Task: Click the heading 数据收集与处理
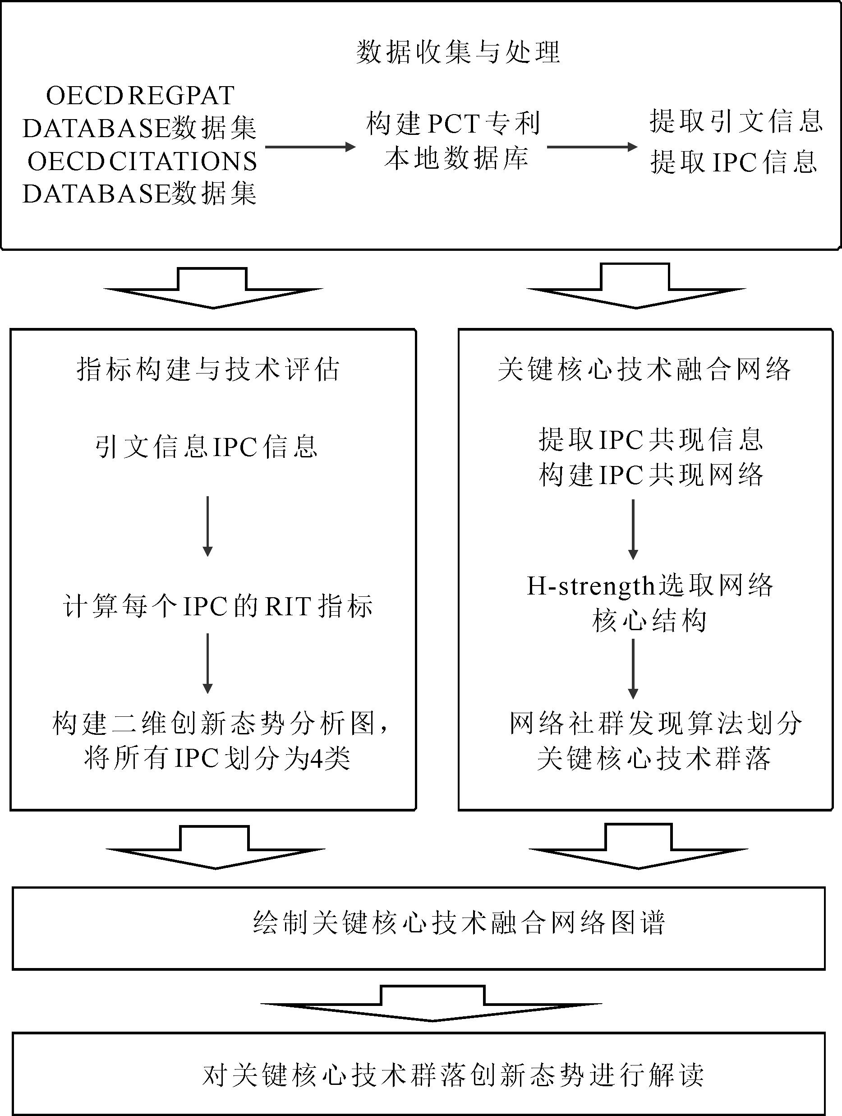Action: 458,52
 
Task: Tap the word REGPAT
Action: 182,95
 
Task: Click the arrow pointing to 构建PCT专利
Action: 310,147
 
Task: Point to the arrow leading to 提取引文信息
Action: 592,147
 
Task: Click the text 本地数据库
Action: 456,158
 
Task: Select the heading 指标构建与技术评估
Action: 208,369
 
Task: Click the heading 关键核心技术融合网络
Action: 644,369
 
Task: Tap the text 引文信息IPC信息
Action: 207,447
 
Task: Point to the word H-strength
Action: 591,586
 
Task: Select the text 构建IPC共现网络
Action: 651,475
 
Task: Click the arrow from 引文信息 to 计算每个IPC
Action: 207,526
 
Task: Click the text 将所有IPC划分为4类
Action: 217,758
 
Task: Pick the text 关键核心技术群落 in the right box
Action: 654,758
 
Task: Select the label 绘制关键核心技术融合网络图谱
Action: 459,923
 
